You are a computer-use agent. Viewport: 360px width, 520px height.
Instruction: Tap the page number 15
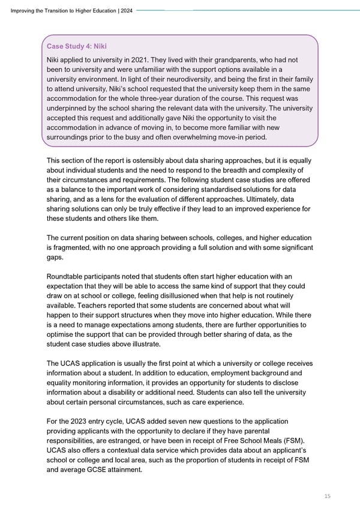click(326, 495)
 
